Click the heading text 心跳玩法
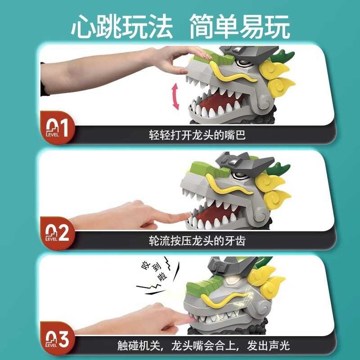coord(121,27)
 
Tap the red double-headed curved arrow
coord(175,97)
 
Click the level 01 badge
coord(57,127)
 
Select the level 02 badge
coord(57,233)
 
